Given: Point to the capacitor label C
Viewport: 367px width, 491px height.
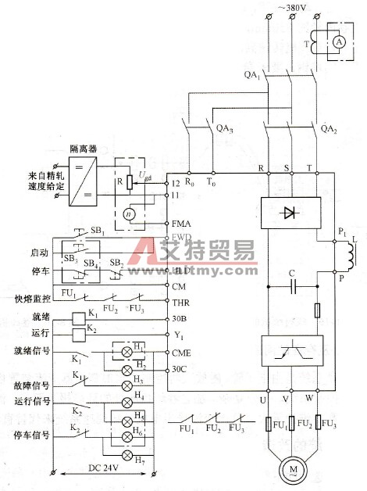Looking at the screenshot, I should tap(290, 274).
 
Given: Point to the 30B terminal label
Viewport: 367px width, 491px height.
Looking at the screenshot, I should tap(180, 320).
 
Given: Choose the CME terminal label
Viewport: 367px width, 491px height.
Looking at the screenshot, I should tap(181, 353).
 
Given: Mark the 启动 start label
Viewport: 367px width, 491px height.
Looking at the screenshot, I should tap(27, 253).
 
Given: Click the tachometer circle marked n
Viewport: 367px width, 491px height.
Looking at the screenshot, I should tap(130, 213).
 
